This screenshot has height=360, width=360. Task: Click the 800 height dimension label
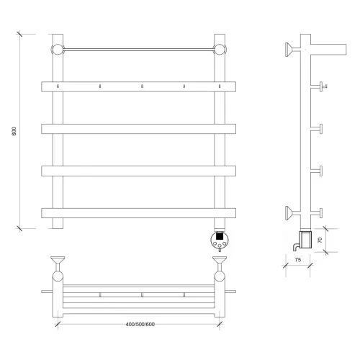pyautogui.click(x=14, y=131)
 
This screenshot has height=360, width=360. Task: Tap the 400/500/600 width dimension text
pyautogui.click(x=140, y=324)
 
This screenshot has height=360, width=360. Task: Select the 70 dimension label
pyautogui.click(x=320, y=240)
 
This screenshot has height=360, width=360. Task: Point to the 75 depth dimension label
pyautogui.click(x=298, y=260)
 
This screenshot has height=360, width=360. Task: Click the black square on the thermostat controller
pyautogui.click(x=220, y=236)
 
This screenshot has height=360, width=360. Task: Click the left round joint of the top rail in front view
pyautogui.click(x=58, y=50)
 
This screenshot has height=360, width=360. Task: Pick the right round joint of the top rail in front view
pyautogui.click(x=220, y=50)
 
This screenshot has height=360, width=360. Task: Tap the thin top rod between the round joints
pyautogui.click(x=139, y=50)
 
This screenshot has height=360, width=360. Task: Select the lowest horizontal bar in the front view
pyautogui.click(x=138, y=213)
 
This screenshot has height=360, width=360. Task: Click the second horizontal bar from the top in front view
pyautogui.click(x=138, y=129)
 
